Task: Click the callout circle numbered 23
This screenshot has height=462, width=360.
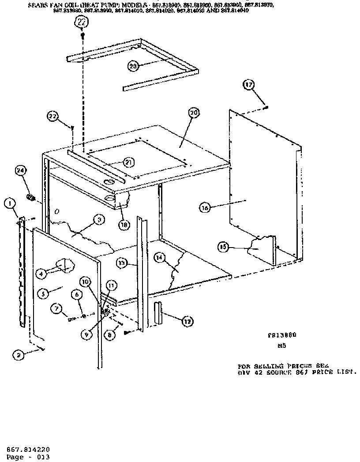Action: pos(133,66)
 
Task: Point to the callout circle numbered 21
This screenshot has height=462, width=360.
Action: pos(127,162)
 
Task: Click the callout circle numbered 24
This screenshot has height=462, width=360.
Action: pos(20,171)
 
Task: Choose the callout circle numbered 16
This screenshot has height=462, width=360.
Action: pos(204,207)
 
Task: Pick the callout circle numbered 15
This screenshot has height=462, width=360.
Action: pos(223,248)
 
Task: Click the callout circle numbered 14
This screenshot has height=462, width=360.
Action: pos(159,257)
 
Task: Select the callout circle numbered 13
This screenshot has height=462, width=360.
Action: pos(122,263)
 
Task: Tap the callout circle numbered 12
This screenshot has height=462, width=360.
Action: pos(187,322)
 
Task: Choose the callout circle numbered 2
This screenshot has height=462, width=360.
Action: pos(18,354)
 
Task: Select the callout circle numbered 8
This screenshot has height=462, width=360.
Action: pos(111,335)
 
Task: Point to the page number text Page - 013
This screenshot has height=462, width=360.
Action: pos(28,457)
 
